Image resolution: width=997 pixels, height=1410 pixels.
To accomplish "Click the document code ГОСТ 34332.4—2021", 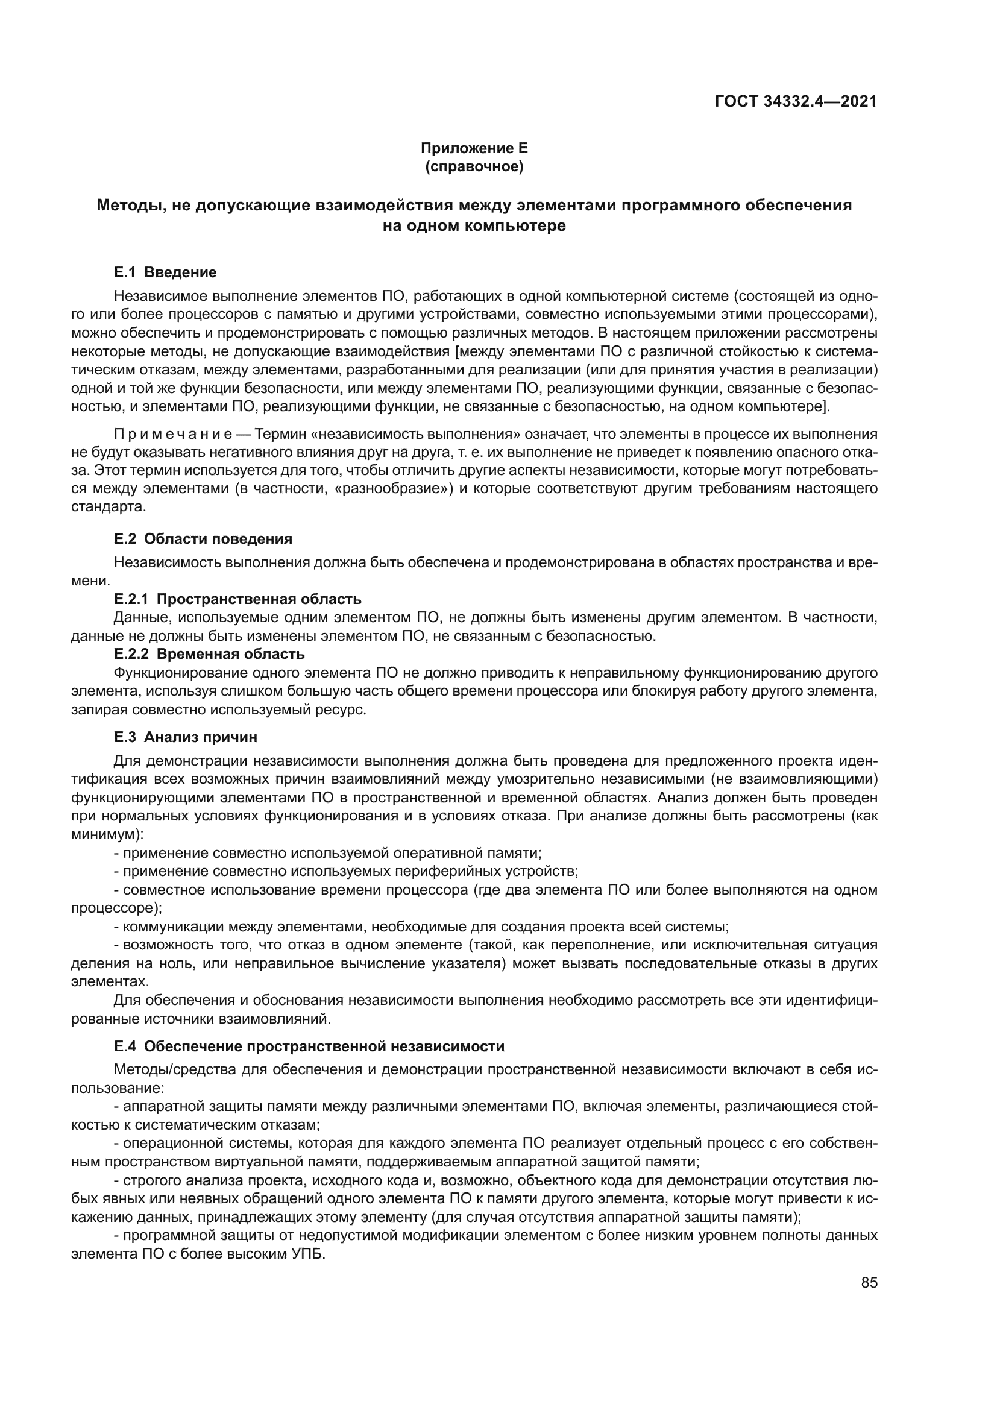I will coord(795,101).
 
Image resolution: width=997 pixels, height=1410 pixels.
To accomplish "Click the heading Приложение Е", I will coord(474,148).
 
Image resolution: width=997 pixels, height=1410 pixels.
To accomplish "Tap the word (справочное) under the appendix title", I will coord(474,166).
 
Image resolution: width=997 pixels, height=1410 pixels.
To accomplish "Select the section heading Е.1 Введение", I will coord(165,272).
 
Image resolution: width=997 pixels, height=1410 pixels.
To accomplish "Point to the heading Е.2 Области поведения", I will coord(203,538).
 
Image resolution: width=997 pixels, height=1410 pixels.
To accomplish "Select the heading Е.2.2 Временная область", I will coord(209,654).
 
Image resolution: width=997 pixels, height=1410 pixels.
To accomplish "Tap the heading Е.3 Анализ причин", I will coord(186,737).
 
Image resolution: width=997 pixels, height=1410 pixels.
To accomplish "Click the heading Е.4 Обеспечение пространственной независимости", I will coord(309,1046).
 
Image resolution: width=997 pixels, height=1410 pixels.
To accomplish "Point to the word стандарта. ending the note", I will coord(109,506).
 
